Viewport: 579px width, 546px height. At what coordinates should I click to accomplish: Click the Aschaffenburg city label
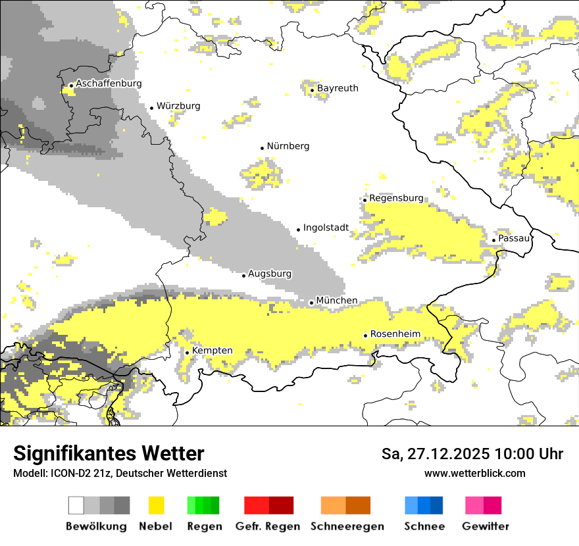(x=109, y=84)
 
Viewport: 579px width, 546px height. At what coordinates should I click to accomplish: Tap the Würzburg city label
(x=178, y=106)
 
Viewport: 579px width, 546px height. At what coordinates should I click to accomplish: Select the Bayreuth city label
(x=338, y=88)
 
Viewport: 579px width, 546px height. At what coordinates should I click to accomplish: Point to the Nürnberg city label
(x=288, y=146)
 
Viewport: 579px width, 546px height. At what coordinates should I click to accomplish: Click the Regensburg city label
(x=396, y=198)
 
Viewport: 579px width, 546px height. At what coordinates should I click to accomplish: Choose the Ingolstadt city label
(x=326, y=228)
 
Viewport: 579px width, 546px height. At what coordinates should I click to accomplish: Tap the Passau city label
(x=514, y=238)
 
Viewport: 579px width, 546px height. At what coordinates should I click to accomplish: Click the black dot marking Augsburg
(x=243, y=275)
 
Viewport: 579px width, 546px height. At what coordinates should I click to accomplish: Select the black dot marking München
(x=311, y=303)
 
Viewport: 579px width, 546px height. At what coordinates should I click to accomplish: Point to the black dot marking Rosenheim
(x=365, y=335)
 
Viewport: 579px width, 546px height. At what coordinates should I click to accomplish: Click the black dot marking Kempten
(x=187, y=353)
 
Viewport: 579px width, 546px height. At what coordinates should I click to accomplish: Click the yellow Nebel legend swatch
(x=156, y=505)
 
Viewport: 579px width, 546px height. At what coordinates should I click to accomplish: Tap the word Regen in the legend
(x=204, y=526)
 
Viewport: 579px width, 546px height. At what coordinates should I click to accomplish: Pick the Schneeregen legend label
(x=347, y=526)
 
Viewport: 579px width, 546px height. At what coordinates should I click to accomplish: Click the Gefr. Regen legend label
(x=268, y=526)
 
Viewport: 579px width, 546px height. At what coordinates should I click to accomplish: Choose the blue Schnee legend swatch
(x=423, y=505)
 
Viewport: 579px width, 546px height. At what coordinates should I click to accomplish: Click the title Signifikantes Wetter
(x=109, y=453)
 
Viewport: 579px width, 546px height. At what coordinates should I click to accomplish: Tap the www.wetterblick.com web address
(x=475, y=473)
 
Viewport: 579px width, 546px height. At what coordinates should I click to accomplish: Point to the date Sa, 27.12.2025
(x=437, y=454)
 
